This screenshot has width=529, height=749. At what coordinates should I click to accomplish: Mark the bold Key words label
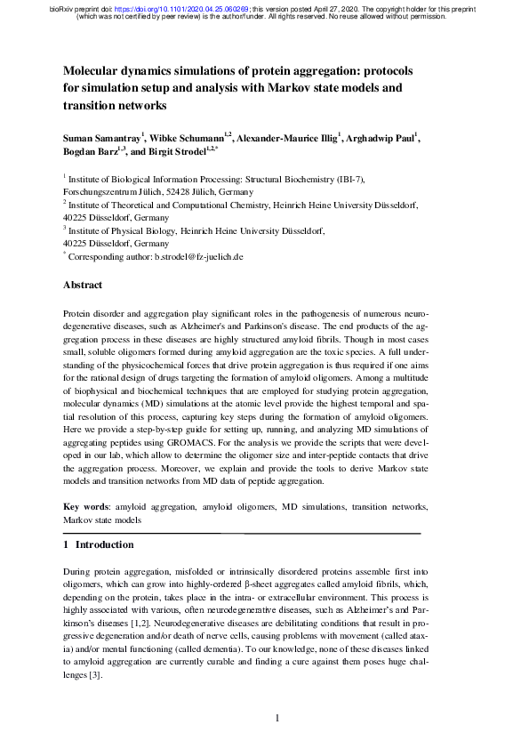coord(84,506)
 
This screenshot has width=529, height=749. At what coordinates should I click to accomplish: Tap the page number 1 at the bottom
coord(277,719)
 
